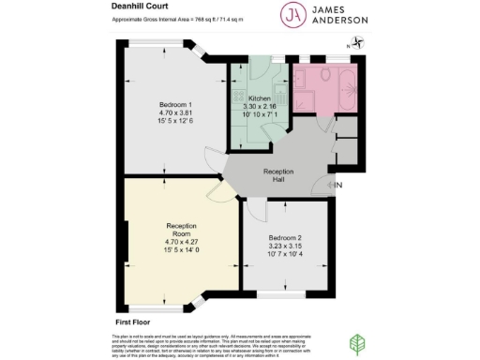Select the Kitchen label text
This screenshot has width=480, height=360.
tap(260, 97)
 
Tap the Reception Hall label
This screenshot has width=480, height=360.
tap(278, 175)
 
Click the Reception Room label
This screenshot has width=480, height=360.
tap(183, 226)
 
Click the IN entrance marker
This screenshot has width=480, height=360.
tap(339, 186)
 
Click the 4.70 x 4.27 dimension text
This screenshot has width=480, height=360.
tap(183, 242)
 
